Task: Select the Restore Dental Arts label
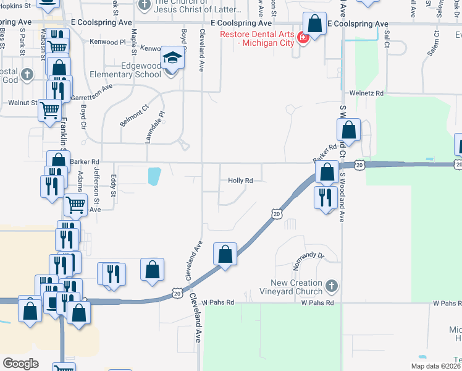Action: coord(259,37)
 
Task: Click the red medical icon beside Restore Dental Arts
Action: coord(303,38)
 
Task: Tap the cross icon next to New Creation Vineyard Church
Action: coord(332,286)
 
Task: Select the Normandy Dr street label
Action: coord(309,255)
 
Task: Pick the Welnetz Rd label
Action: coord(367,93)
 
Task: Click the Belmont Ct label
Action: coord(135,115)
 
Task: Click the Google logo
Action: coord(20,364)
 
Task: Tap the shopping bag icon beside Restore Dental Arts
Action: coord(315,24)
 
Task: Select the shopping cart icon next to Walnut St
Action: coord(49,111)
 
